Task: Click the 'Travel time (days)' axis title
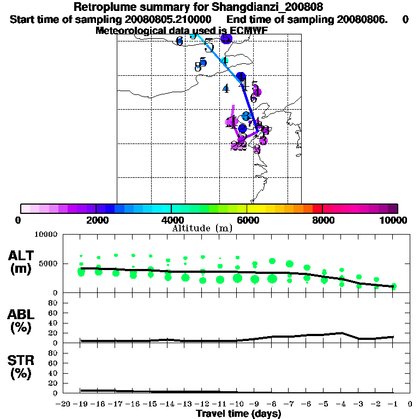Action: (238, 414)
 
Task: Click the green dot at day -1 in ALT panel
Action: (393, 286)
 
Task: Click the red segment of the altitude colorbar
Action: (317, 208)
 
